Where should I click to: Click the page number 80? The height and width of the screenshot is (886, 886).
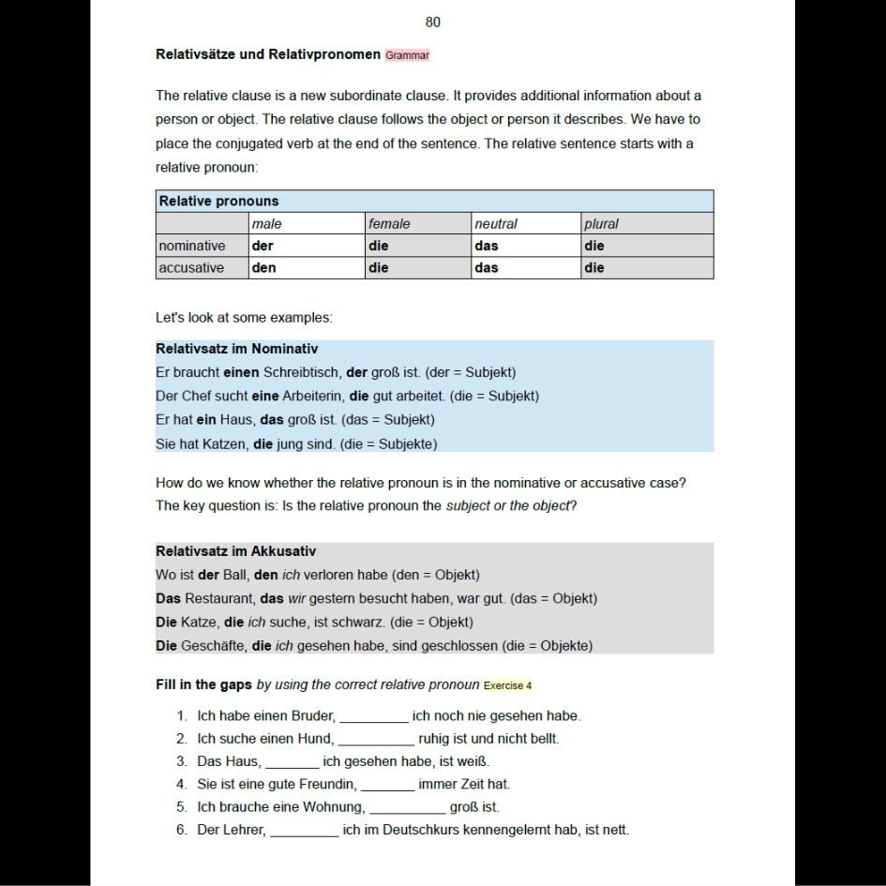432,23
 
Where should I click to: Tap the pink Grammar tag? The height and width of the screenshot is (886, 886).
407,55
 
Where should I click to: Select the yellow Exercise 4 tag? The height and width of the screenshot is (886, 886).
507,685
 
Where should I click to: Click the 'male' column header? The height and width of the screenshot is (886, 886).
266,224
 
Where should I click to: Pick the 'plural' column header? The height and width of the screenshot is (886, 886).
601,224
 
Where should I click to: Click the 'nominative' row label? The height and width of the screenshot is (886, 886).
191,246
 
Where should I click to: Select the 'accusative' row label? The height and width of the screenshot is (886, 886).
191,268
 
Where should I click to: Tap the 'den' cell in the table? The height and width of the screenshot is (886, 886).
263,268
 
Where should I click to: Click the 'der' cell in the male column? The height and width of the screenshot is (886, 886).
263,246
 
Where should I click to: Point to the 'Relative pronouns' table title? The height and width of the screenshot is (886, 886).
218,202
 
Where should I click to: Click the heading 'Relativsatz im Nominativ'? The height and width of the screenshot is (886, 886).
236,349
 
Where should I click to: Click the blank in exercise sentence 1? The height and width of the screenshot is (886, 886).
373,717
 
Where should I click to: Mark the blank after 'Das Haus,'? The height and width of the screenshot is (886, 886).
292,762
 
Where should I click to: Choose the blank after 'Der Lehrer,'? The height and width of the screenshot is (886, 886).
304,831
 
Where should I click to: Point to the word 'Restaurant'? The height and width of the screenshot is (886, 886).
220,598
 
